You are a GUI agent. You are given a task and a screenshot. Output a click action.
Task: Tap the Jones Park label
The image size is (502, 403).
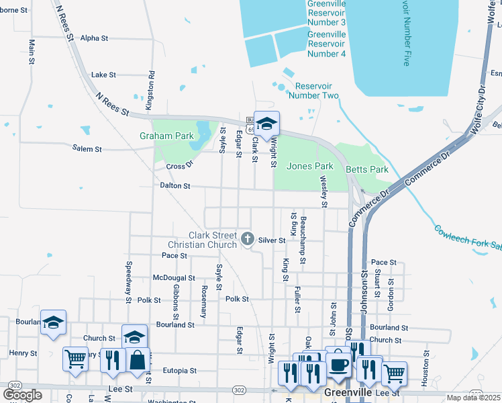(309, 166)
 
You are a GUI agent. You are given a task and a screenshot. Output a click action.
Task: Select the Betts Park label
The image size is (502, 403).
(367, 169)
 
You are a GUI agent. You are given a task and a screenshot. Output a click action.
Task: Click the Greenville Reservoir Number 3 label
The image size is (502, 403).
(326, 13)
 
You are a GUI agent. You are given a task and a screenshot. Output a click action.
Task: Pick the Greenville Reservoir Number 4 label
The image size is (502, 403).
(326, 44)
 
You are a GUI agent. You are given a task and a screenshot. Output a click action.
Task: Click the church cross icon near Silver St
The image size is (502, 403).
(248, 238)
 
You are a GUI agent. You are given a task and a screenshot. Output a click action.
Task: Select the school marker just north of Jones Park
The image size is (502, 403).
(266, 124)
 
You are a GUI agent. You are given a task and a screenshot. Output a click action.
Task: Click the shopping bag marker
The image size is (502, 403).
(138, 359)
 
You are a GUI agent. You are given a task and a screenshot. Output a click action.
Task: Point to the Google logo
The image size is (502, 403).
(22, 395)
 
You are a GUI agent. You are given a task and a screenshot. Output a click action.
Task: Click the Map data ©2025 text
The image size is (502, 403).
(474, 398)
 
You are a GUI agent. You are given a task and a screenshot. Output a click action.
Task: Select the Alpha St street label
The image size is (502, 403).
(94, 38)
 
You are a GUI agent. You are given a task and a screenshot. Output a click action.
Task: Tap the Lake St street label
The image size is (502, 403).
(103, 75)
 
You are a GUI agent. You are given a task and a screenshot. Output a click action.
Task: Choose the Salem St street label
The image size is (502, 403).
(88, 149)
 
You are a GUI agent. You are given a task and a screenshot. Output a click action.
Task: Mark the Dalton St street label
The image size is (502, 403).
(175, 185)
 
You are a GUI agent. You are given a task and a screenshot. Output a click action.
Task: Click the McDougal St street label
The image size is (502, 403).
(174, 277)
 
